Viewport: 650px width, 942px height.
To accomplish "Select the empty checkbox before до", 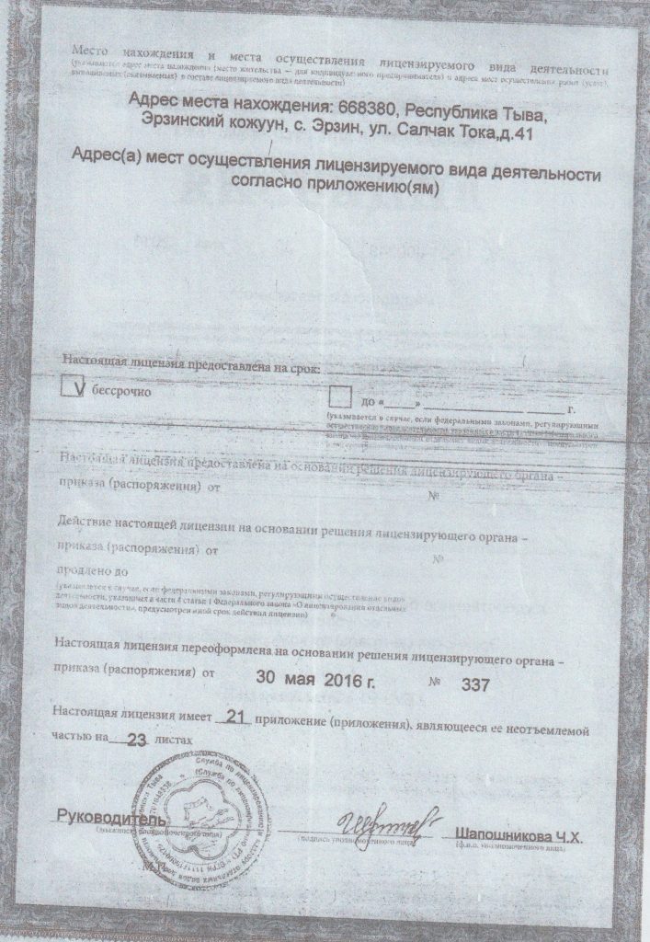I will pyautogui.click(x=340, y=398).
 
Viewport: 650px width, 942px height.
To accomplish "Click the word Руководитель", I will pyautogui.click(x=111, y=817).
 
